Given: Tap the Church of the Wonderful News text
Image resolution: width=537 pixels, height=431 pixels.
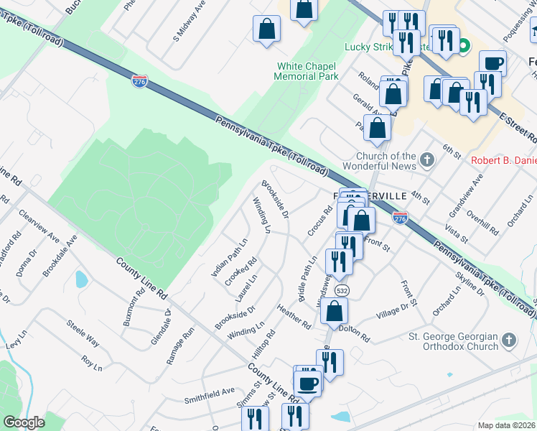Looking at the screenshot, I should point(386,161).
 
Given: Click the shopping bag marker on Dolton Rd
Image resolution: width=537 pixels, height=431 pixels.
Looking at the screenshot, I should point(335,311).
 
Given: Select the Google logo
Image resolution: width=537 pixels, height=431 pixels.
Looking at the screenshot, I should point(24,422).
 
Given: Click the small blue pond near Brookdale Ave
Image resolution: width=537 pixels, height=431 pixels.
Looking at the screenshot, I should point(80,279).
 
